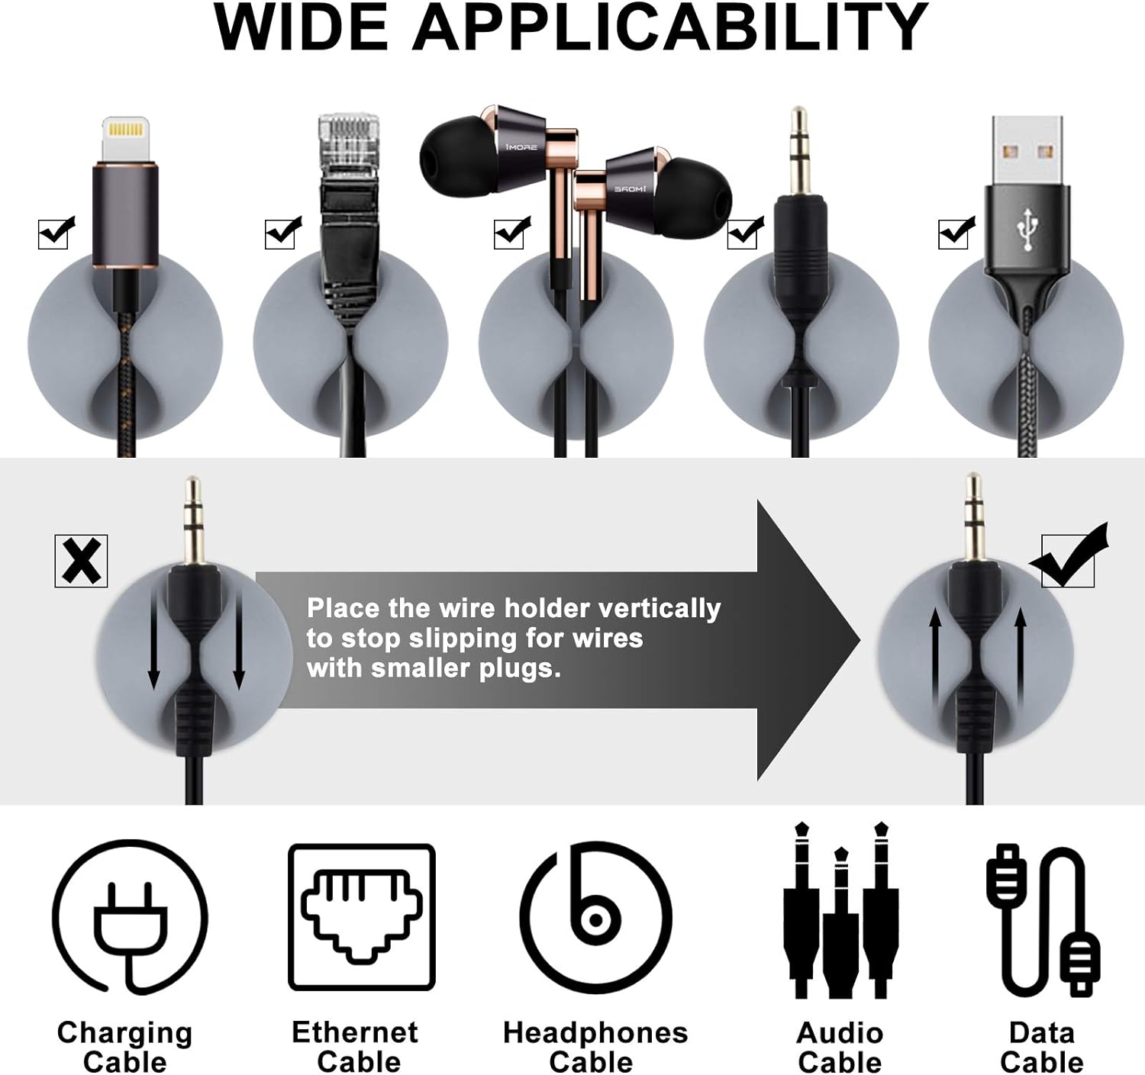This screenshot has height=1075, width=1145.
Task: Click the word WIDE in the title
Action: tap(301, 27)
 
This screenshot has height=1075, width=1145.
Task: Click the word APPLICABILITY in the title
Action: tap(670, 27)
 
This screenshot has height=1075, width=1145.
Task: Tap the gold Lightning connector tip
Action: tap(126, 140)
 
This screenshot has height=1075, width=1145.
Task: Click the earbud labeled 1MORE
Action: tap(484, 149)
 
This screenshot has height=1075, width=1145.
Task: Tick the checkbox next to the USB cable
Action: tap(956, 233)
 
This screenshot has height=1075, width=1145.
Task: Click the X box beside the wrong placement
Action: tap(81, 561)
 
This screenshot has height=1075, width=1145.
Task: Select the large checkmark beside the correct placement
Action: tap(1069, 555)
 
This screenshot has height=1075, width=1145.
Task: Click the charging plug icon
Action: tap(131, 916)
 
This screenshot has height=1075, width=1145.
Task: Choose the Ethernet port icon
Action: tap(362, 917)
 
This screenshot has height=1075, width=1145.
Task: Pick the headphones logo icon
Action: tap(595, 916)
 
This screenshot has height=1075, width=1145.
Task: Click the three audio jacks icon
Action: tap(840, 910)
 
